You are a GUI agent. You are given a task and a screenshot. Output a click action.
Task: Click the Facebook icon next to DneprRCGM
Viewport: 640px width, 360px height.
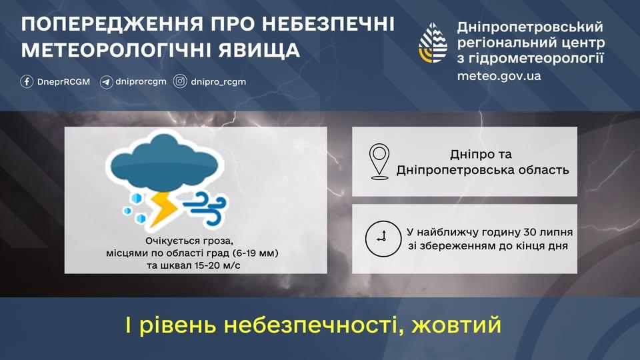27,82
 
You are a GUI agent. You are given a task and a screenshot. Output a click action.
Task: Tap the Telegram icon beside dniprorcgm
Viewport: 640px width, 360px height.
106,82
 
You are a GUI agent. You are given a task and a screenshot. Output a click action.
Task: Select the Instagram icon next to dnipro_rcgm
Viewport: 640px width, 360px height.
180,82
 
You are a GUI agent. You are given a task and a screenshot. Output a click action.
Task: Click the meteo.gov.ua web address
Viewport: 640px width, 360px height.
499,75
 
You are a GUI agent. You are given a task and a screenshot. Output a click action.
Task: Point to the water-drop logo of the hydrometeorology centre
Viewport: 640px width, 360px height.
433,44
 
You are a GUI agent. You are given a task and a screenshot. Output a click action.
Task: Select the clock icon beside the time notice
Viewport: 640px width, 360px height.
380,238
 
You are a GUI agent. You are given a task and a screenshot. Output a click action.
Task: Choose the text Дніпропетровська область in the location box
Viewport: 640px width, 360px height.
483,169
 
